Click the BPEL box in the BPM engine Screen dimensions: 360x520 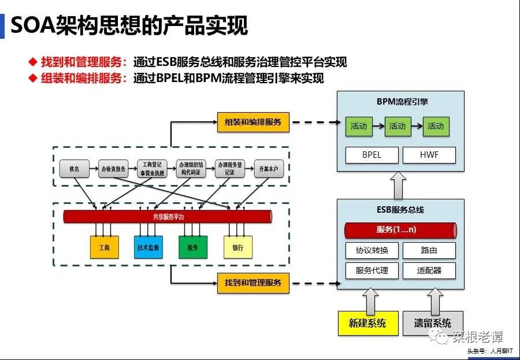tap(372, 155)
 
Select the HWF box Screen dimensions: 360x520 tap(429, 155)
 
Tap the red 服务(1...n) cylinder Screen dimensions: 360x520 tap(400, 230)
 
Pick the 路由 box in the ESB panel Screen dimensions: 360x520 tap(429, 250)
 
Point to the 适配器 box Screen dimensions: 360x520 tap(429, 270)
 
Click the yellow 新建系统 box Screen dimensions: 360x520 tap(367, 323)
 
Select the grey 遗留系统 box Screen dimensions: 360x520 tap(432, 323)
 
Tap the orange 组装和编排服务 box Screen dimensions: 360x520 tap(253, 122)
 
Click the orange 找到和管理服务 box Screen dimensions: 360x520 tap(253, 283)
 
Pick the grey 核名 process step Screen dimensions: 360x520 tap(74, 169)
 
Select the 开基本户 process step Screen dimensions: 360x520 tap(269, 169)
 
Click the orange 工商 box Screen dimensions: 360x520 tap(104, 247)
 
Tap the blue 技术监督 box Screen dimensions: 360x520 tap(148, 247)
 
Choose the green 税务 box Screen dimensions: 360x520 tap(193, 247)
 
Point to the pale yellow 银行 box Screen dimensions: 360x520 tap(237, 247)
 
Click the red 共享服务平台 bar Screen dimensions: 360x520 tap(168, 217)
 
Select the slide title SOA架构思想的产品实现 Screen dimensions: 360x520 tap(129, 25)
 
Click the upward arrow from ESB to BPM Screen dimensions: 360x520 tap(400, 185)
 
